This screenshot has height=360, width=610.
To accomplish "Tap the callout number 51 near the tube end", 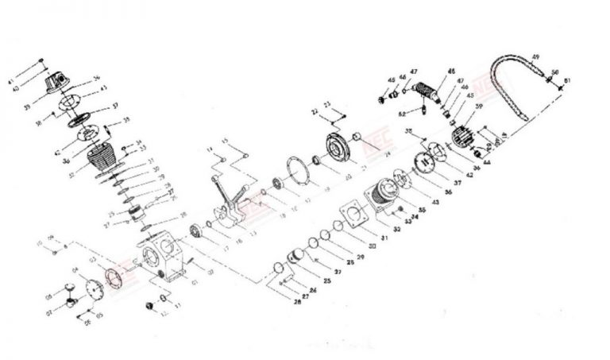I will (566, 80).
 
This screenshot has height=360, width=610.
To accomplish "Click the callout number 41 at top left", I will (33, 82).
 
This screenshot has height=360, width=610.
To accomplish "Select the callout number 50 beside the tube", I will (555, 72).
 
